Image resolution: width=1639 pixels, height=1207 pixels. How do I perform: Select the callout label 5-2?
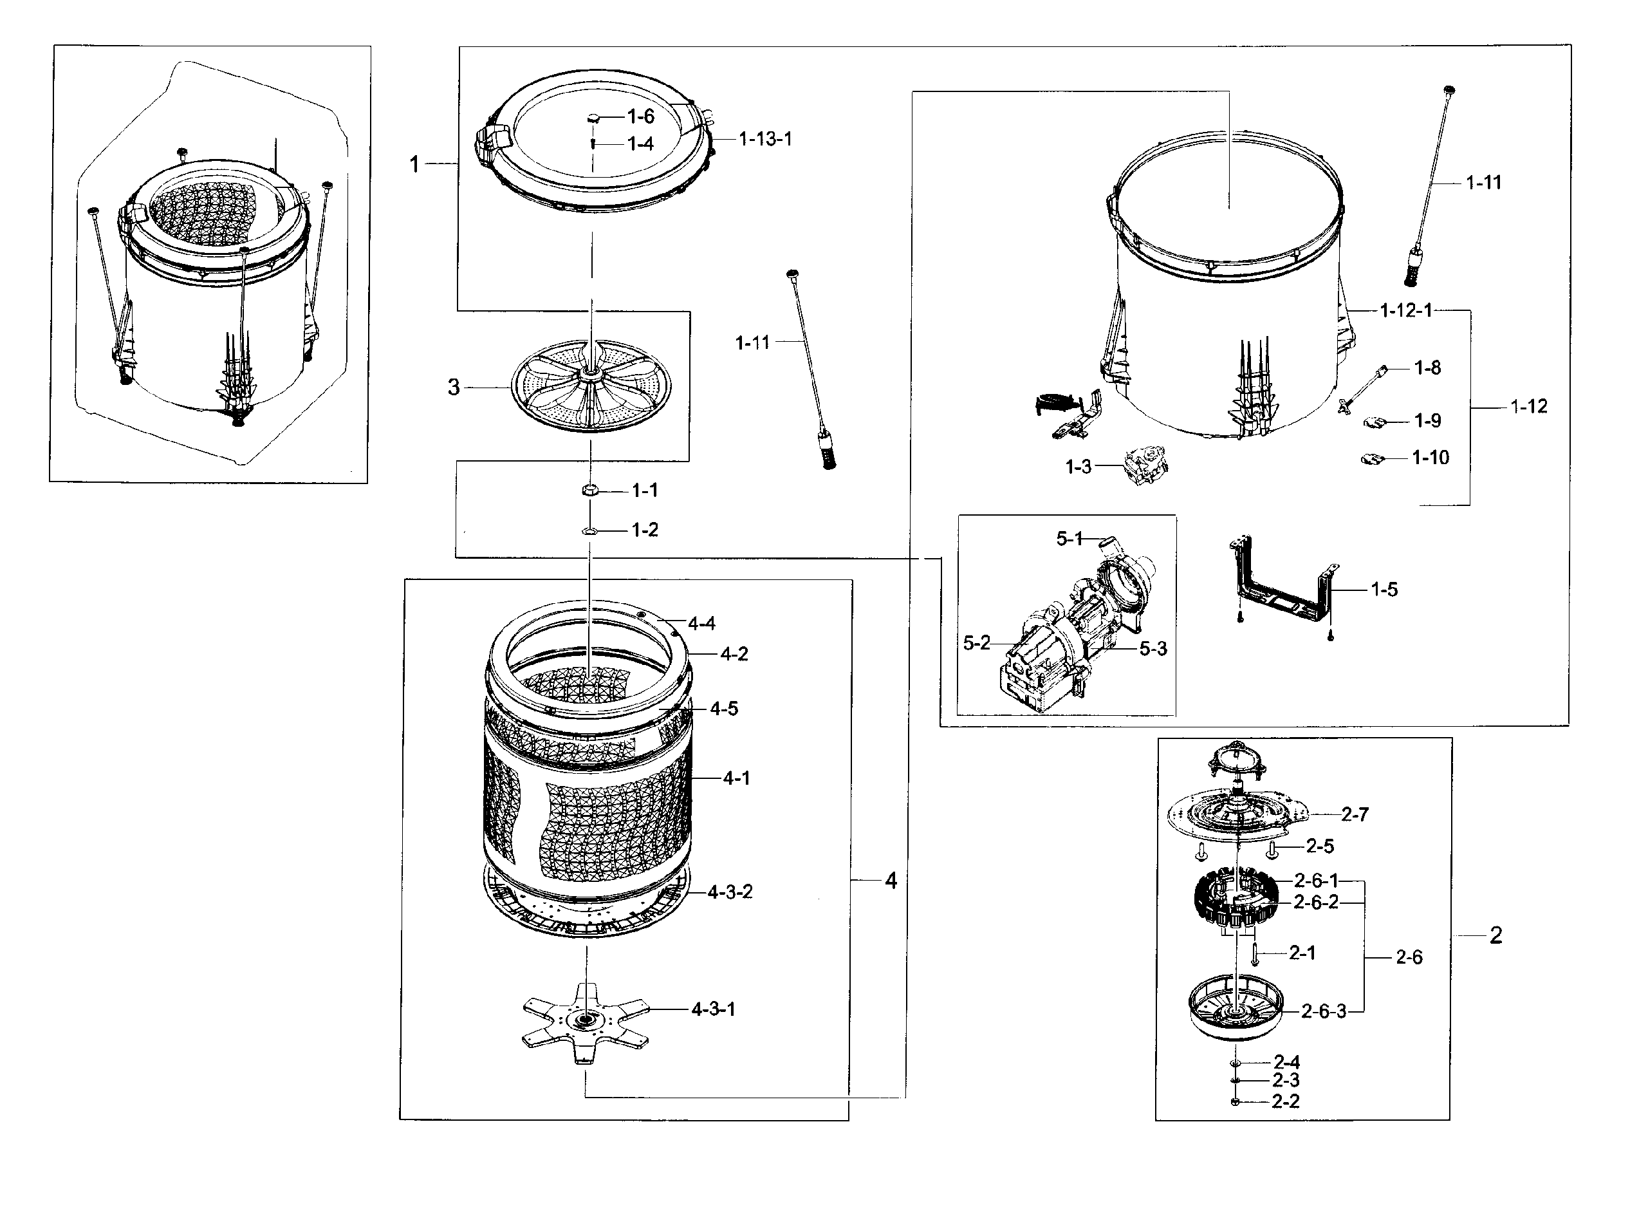(x=977, y=643)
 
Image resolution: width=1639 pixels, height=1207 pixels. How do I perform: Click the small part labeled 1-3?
(x=1145, y=466)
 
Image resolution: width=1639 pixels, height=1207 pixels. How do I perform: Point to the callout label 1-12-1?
(x=1406, y=310)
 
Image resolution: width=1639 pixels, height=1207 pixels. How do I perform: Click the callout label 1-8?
(x=1427, y=368)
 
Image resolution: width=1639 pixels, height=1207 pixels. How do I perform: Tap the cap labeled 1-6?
(x=594, y=117)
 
